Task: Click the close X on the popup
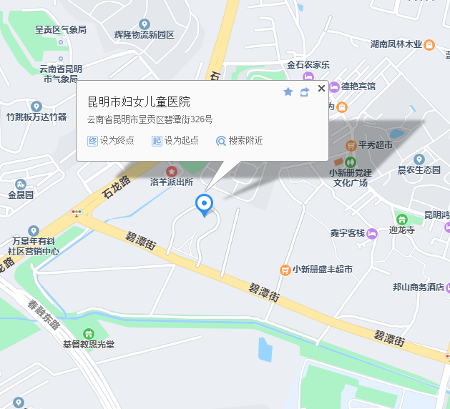(x=321, y=89)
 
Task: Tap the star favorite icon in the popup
(x=288, y=92)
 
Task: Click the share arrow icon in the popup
(x=305, y=92)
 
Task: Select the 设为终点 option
(x=111, y=140)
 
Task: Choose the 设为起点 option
(x=175, y=140)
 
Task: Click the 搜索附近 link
(x=240, y=140)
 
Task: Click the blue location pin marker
(x=205, y=204)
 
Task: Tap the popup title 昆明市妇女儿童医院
(x=139, y=102)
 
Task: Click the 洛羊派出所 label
(x=172, y=182)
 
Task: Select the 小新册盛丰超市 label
(x=322, y=270)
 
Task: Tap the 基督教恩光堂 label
(x=89, y=344)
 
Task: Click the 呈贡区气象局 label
(x=61, y=30)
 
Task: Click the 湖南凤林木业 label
(x=396, y=44)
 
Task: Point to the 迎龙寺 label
(x=402, y=230)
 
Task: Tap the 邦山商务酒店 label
(x=419, y=287)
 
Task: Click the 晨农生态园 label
(x=419, y=169)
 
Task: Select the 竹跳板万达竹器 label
(x=36, y=117)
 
